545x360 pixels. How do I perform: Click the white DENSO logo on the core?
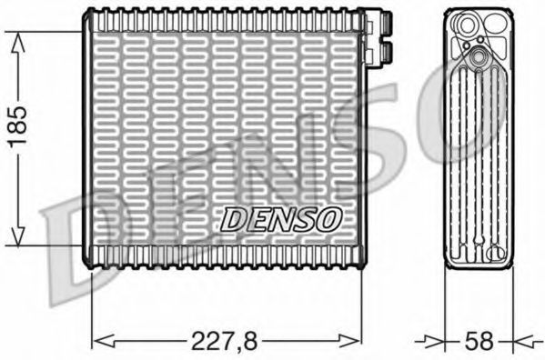[x=281, y=219]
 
